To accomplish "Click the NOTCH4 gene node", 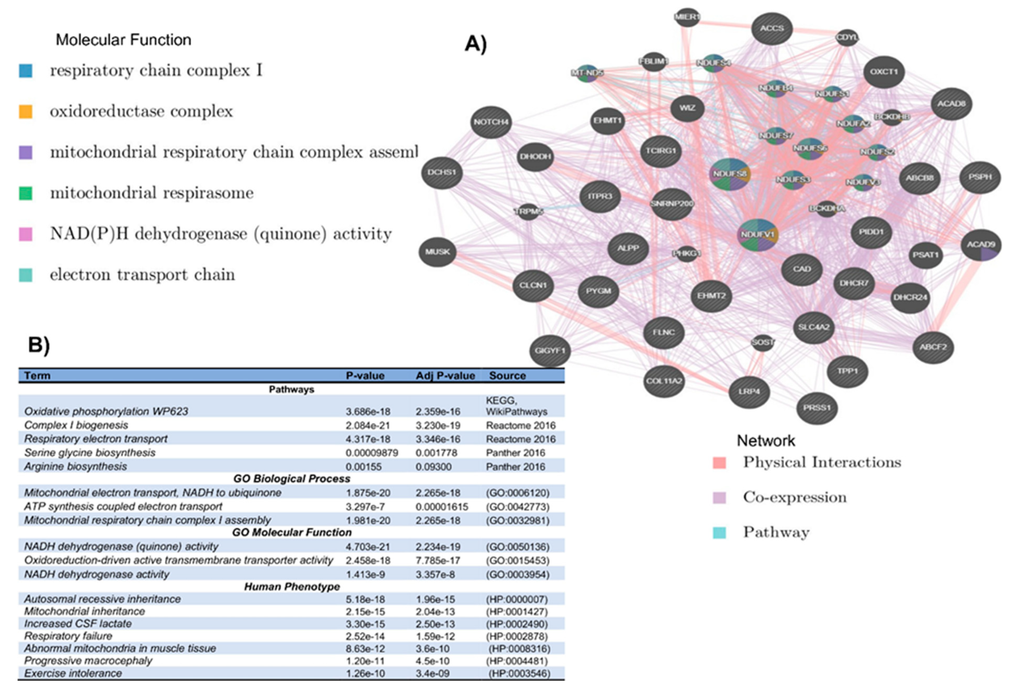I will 491,122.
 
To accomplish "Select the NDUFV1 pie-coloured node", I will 758,235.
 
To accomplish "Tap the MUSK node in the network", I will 437,252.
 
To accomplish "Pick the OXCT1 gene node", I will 884,72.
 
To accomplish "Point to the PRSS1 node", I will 817,408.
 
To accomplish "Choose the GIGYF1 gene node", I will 550,350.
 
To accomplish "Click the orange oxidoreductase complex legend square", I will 26,112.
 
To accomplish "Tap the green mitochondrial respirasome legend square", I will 26,193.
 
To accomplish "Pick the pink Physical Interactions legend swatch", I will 719,462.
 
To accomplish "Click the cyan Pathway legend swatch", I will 719,532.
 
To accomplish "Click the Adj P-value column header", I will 445,376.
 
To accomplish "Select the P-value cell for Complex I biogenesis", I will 368,425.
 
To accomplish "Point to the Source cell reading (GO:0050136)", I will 517,547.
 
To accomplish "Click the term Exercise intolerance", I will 73,673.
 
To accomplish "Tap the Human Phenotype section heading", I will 291,587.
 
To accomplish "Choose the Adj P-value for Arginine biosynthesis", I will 433,467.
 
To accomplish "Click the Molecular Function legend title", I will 123,40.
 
